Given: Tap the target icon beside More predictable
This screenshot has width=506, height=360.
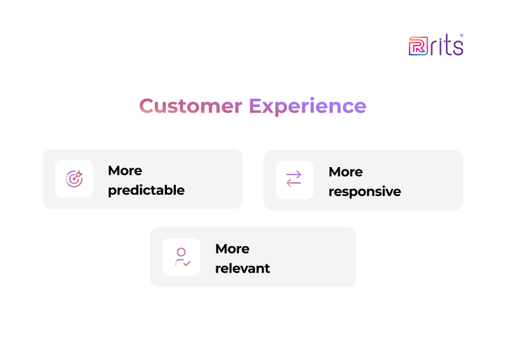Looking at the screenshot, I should pyautogui.click(x=74, y=179).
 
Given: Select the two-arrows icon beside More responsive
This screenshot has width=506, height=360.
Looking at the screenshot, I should pyautogui.click(x=294, y=180).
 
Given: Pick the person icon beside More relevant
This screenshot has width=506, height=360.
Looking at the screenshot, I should pyautogui.click(x=182, y=257).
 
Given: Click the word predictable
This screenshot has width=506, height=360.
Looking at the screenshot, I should pyautogui.click(x=146, y=190).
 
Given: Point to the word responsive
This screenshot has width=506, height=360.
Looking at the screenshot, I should pyautogui.click(x=364, y=192).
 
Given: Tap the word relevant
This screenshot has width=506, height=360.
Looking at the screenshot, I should pyautogui.click(x=242, y=268).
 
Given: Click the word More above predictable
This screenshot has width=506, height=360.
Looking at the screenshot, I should pyautogui.click(x=125, y=171).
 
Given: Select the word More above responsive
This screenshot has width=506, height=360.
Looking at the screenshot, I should pyautogui.click(x=345, y=172).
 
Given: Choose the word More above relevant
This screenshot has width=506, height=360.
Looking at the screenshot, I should pyautogui.click(x=232, y=249).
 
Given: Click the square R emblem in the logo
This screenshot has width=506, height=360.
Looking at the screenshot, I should pyautogui.click(x=417, y=46).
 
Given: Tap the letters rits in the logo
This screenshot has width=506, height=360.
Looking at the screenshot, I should pyautogui.click(x=447, y=46).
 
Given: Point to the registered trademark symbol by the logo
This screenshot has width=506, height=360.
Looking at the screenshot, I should pyautogui.click(x=461, y=35).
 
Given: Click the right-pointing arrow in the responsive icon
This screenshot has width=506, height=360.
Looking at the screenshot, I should pyautogui.click(x=294, y=175).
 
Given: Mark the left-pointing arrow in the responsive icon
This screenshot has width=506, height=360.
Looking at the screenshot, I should pyautogui.click(x=294, y=184).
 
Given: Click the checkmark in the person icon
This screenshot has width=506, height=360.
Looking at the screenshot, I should pyautogui.click(x=187, y=263).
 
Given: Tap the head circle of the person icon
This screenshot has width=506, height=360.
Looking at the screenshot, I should pyautogui.click(x=181, y=252).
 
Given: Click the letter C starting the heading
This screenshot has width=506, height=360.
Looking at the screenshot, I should pyautogui.click(x=147, y=106).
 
